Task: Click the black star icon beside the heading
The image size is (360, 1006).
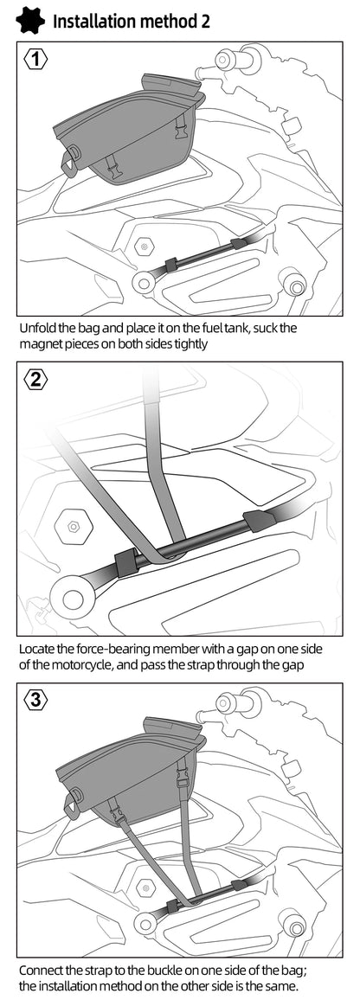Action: coord(29,21)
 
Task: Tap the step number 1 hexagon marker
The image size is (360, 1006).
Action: coord(36,60)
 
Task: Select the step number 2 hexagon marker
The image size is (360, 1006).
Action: coord(36,379)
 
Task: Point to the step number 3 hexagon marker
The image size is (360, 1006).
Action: coord(36,699)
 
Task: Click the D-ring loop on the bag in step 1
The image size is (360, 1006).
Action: coord(69,157)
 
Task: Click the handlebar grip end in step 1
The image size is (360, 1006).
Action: coord(222,60)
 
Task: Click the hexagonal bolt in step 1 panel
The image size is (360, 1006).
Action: coord(145,246)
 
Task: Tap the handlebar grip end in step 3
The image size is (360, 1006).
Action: coord(225,702)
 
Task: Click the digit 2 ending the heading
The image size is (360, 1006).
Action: coord(205,21)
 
